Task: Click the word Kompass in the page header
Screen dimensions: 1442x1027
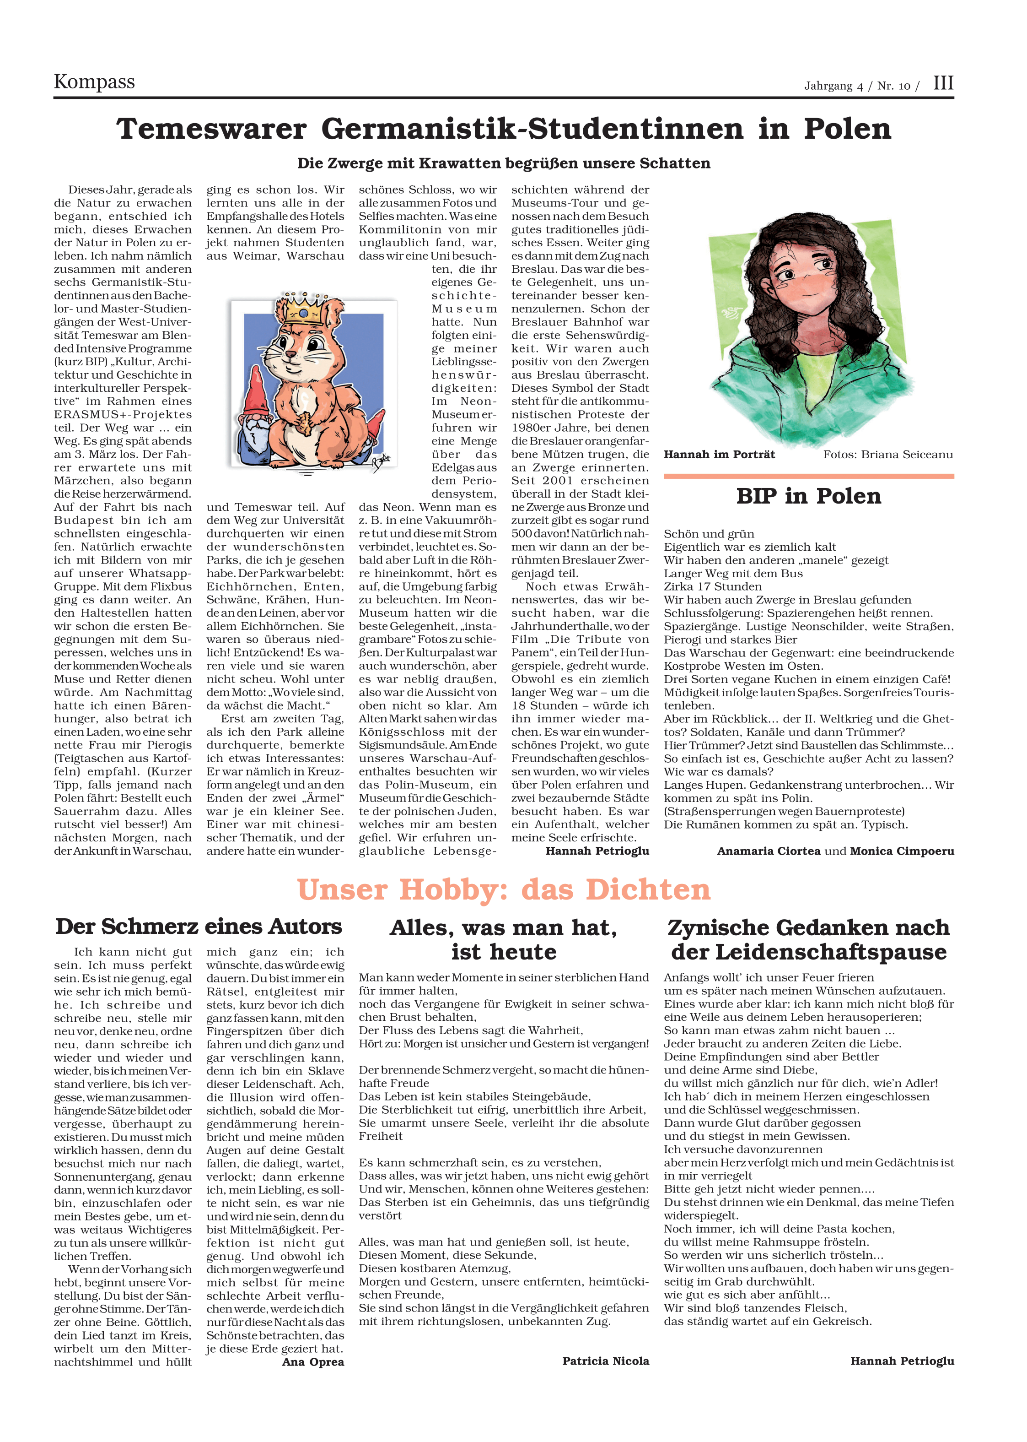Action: pos(94,82)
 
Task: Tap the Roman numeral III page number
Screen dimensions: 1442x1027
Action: pos(943,83)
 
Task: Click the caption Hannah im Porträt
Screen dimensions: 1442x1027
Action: pos(719,454)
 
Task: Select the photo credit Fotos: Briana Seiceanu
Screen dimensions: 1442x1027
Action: pos(888,454)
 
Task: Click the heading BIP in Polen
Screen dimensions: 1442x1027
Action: pos(808,496)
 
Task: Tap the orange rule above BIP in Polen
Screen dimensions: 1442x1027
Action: pos(808,476)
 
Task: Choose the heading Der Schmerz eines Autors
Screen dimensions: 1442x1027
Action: pos(199,927)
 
